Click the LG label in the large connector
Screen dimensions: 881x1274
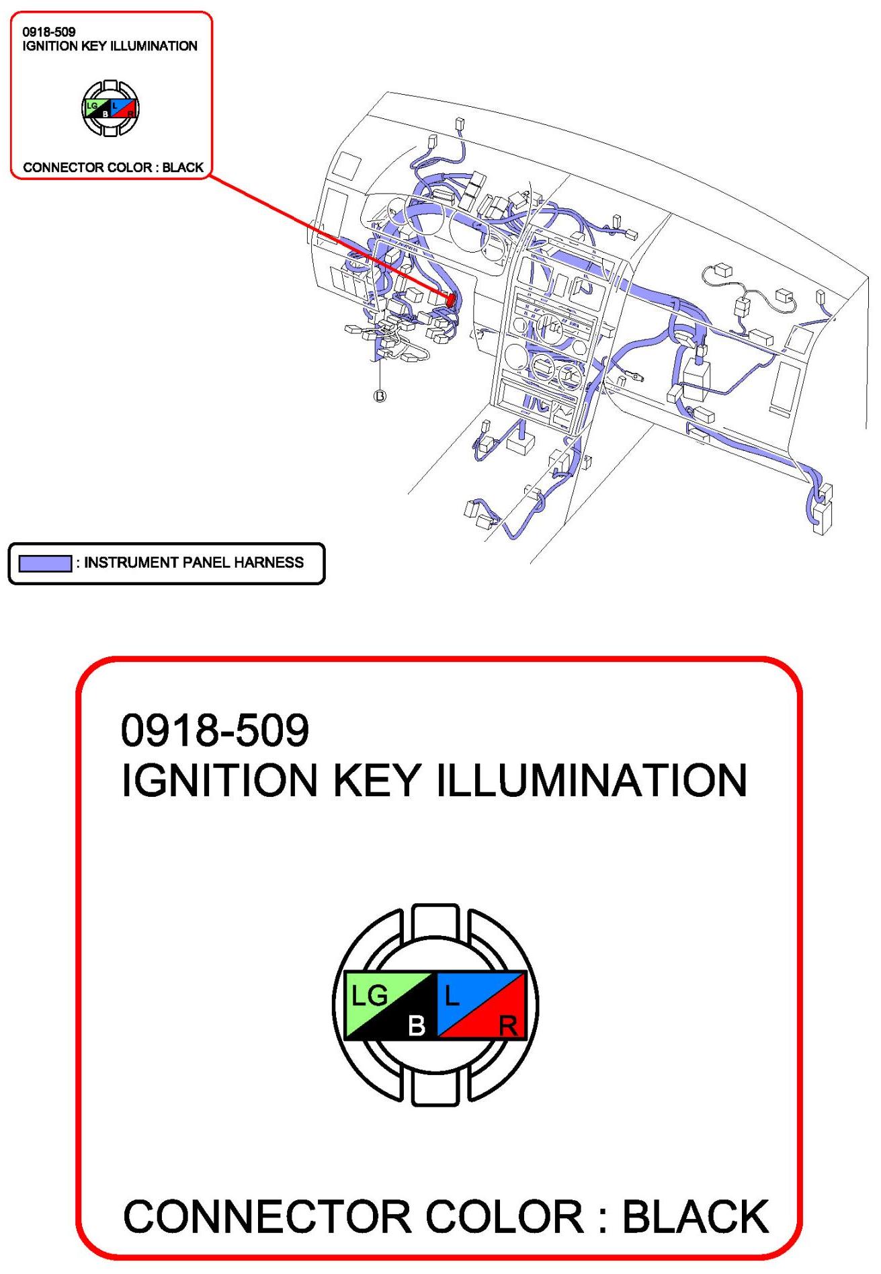pos(370,995)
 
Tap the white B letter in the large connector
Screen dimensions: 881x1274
pos(417,1025)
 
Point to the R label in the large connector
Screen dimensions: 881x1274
pos(508,1026)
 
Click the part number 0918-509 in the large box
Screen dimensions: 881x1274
pos(215,730)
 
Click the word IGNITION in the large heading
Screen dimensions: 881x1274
pos(219,781)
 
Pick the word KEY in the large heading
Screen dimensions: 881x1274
pos(377,781)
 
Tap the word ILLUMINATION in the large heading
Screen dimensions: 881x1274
pos(592,781)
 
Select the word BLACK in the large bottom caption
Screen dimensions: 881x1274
pos(696,1217)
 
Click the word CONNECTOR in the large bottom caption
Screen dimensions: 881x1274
pos(267,1217)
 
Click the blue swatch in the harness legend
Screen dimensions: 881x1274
pos(45,563)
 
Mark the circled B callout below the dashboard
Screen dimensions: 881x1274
pos(380,396)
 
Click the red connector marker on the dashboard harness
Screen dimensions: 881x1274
pos(452,300)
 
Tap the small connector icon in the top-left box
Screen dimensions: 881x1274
pos(110,108)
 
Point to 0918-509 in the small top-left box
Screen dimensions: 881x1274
pos(49,32)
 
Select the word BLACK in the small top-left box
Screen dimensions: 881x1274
pos(183,167)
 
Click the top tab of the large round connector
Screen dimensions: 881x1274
pos(435,920)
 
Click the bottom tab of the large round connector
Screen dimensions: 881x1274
pos(435,1089)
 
